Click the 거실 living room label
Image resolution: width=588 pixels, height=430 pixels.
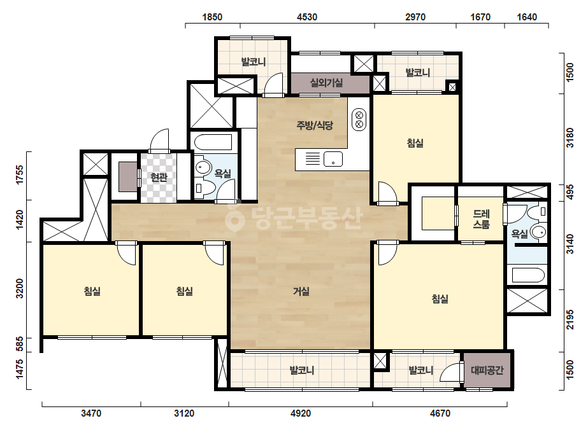click(301, 291)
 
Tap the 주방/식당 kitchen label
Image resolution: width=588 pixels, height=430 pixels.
click(314, 125)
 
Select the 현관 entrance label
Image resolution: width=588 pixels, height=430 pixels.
click(159, 177)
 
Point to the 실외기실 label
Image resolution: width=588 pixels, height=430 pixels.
click(326, 83)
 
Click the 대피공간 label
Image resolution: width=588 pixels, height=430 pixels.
click(487, 370)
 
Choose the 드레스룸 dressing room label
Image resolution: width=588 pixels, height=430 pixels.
click(481, 219)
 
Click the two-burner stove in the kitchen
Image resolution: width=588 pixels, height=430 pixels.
click(359, 120)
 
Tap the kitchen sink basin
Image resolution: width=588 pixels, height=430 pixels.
click(333, 159)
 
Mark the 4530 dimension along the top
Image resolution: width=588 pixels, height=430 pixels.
click(307, 17)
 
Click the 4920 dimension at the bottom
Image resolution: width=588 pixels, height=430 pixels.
click(301, 413)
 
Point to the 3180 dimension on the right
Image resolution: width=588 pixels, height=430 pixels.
click(570, 138)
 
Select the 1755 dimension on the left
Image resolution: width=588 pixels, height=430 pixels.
click(19, 174)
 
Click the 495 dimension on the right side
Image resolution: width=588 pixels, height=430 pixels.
click(570, 192)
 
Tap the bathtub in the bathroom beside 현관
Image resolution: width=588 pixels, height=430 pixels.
click(213, 142)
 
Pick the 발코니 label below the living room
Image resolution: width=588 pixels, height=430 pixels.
click(301, 370)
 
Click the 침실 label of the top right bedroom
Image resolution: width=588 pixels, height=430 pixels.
click(415, 143)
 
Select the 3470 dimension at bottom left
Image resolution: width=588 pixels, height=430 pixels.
click(91, 413)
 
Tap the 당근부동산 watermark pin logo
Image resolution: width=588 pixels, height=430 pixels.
click(234, 216)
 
